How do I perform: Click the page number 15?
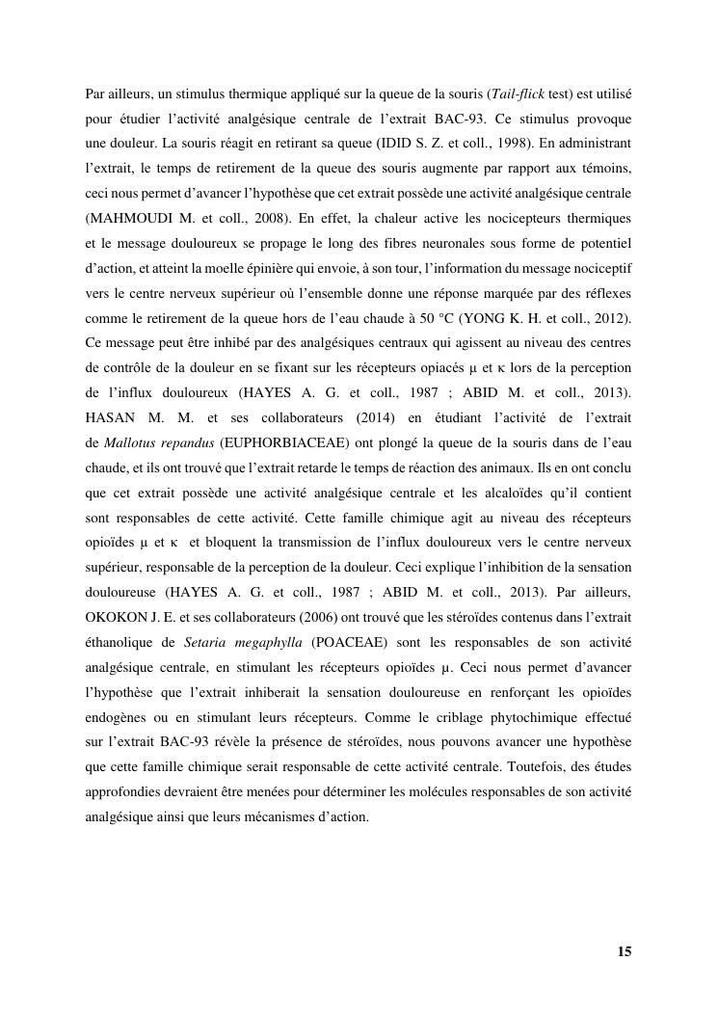tap(625, 951)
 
